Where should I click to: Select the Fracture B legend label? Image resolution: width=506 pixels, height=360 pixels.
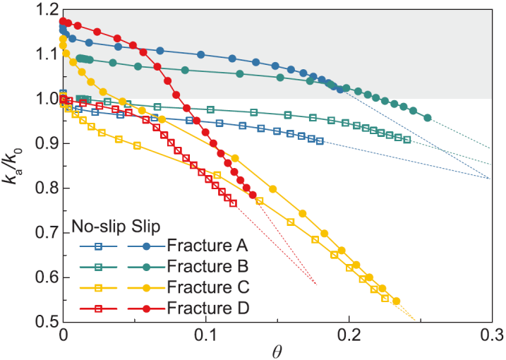click(200, 267)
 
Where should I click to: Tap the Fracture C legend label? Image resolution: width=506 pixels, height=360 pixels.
click(200, 287)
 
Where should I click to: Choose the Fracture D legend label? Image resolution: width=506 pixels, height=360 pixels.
click(200, 308)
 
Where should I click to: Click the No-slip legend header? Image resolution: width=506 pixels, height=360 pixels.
click(95, 227)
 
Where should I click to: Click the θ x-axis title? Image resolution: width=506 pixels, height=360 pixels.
click(277, 350)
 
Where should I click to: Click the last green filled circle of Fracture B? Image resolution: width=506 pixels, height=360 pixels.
click(428, 118)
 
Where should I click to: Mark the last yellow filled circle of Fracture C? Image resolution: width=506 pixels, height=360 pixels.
click(396, 301)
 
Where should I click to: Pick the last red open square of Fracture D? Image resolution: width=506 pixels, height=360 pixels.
click(233, 203)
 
